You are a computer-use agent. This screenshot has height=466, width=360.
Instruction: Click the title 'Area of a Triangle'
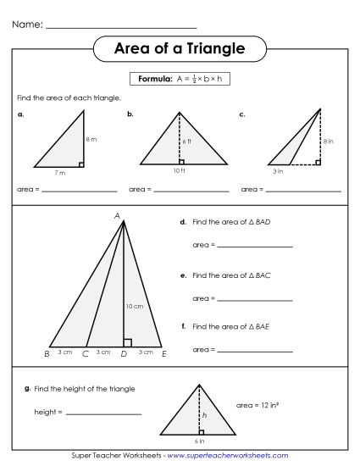click(x=180, y=49)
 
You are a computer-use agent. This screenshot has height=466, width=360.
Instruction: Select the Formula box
click(x=180, y=79)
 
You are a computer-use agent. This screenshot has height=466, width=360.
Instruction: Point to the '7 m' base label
click(x=59, y=172)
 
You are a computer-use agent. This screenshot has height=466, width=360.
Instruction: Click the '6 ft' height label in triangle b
click(x=187, y=141)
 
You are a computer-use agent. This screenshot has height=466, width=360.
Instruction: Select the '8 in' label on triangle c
click(x=327, y=142)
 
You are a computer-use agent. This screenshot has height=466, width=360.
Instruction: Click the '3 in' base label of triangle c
click(x=277, y=172)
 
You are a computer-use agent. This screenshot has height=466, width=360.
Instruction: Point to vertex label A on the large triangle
click(x=118, y=215)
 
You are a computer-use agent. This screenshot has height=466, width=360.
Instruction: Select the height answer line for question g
click(x=102, y=413)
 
